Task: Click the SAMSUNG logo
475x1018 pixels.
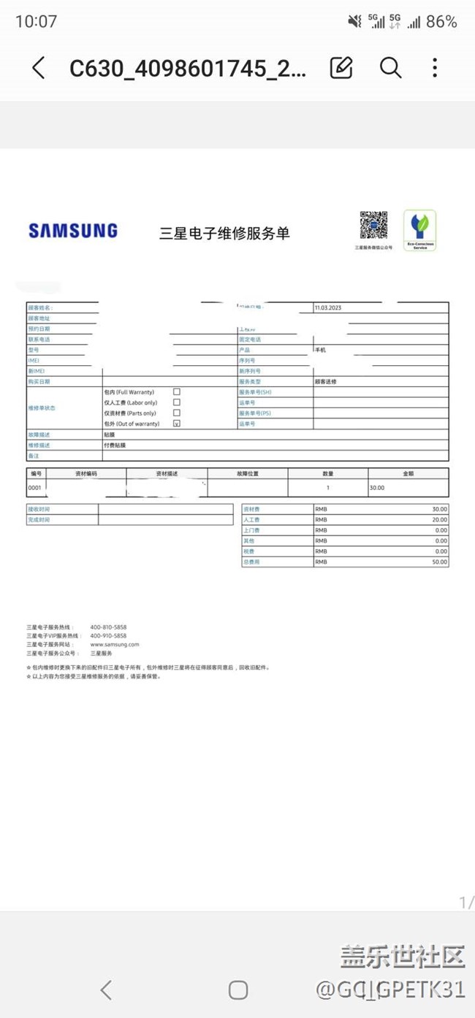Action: click(x=73, y=231)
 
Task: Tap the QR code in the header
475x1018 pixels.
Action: click(x=373, y=226)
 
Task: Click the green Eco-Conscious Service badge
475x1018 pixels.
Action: click(x=419, y=231)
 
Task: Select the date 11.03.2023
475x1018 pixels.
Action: click(x=328, y=308)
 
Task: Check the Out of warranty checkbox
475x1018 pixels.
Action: click(x=177, y=424)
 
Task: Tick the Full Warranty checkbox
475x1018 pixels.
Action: click(x=177, y=392)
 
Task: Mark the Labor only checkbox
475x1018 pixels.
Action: click(x=177, y=402)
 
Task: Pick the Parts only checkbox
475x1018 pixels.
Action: click(x=177, y=413)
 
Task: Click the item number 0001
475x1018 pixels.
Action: click(x=35, y=487)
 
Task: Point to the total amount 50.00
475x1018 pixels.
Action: click(x=439, y=562)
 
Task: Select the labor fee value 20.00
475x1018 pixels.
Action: click(x=439, y=520)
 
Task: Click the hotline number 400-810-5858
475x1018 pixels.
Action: click(x=108, y=627)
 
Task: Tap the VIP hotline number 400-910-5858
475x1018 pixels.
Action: click(x=108, y=636)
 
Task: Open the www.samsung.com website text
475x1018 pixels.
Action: click(x=115, y=645)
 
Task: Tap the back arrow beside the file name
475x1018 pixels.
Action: click(x=39, y=68)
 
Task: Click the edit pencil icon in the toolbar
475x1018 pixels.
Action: click(x=341, y=68)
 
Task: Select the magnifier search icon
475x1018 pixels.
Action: click(x=390, y=68)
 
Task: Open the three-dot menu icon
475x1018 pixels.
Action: click(x=435, y=68)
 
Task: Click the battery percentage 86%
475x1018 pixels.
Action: click(x=441, y=22)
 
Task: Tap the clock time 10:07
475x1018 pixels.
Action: click(x=36, y=22)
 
